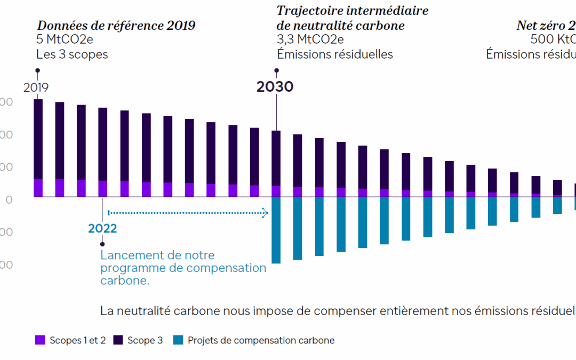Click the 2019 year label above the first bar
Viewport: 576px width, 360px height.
coord(36,87)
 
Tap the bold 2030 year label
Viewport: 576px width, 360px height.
coord(275,86)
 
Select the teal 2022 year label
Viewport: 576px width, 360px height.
coord(102,228)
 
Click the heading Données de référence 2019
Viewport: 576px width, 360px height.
coord(116,26)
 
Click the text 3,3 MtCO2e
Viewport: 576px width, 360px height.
coord(310,39)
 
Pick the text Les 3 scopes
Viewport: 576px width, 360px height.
coord(72,54)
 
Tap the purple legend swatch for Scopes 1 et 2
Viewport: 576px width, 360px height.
coord(40,340)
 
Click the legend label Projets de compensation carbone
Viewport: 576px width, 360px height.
coord(261,340)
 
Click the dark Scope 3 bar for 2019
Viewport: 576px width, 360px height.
coord(38,139)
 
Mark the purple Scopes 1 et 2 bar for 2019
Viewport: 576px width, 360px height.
coord(38,188)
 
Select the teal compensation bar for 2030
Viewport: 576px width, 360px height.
coord(276,230)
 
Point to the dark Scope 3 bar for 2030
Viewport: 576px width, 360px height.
coord(276,158)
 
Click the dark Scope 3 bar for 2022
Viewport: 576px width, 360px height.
coord(103,144)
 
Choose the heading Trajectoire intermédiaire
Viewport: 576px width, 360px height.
coord(352,11)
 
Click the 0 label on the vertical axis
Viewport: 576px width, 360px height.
coord(7,199)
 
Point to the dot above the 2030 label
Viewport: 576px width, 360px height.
coord(276,70)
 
